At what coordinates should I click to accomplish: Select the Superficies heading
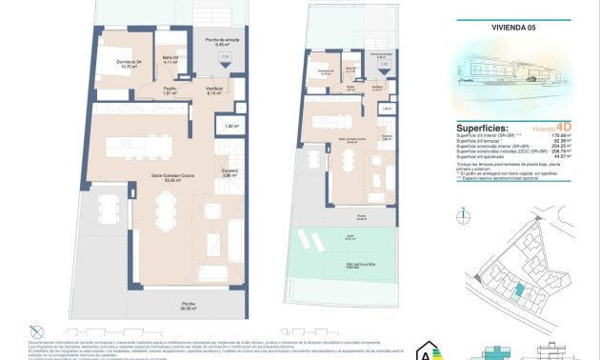[482, 128]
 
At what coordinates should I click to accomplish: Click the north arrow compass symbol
[464, 214]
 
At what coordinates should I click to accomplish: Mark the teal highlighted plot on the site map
[520, 291]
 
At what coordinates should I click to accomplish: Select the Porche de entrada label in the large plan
[220, 41]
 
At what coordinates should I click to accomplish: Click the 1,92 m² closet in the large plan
[230, 126]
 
